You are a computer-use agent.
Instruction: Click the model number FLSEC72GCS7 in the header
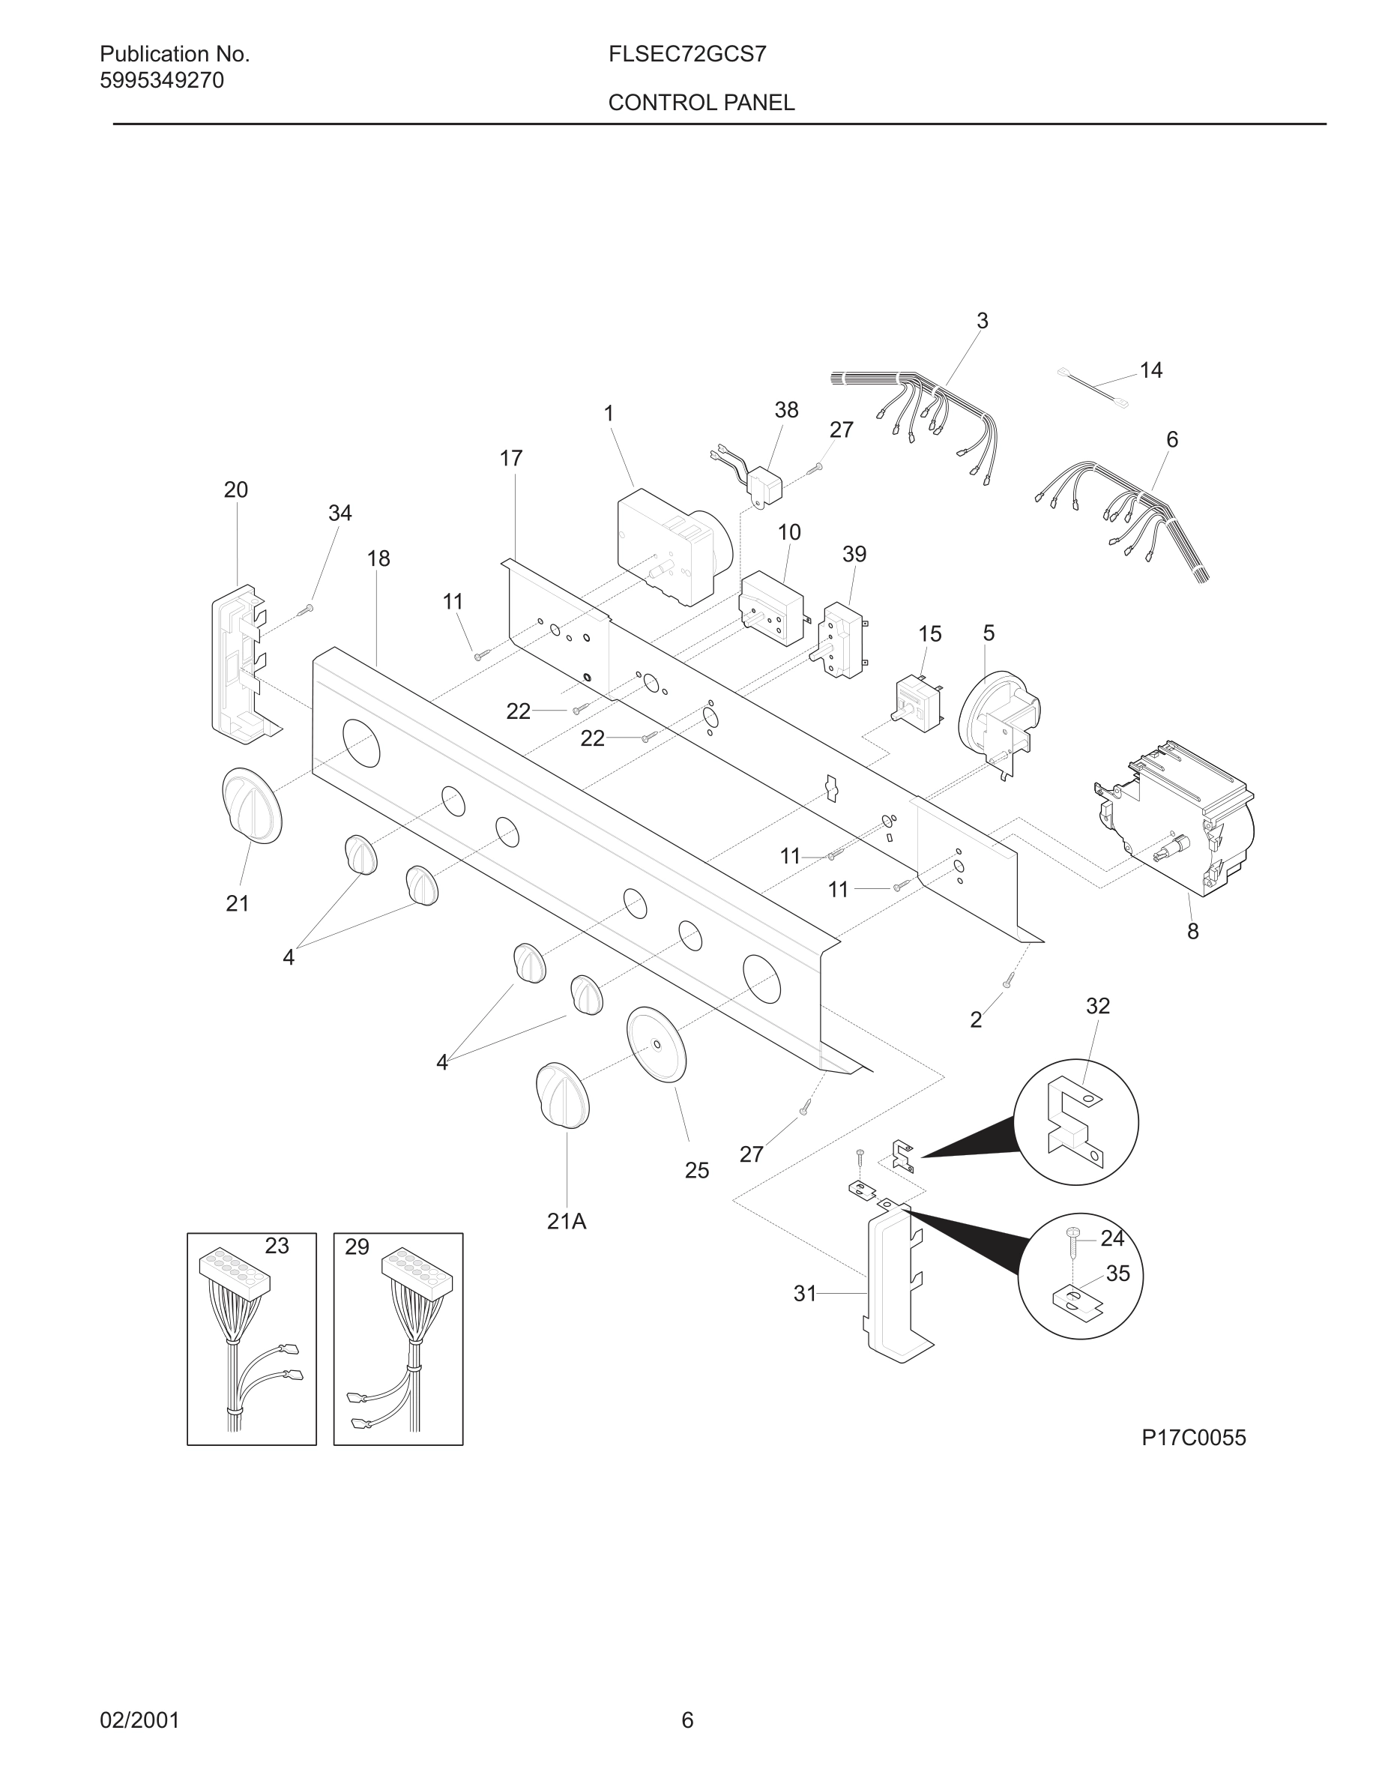click(x=687, y=55)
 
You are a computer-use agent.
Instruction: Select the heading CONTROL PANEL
click(x=701, y=103)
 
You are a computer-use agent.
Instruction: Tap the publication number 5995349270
click(x=161, y=81)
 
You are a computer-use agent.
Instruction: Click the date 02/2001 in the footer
click(x=139, y=1720)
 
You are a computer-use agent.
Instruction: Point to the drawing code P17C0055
click(x=1193, y=1437)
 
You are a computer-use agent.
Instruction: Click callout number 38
click(x=786, y=410)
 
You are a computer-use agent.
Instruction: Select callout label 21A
click(x=567, y=1222)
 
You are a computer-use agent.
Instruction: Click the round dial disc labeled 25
click(x=657, y=1045)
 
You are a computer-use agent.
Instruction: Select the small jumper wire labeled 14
click(x=1092, y=387)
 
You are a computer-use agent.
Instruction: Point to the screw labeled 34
click(x=307, y=609)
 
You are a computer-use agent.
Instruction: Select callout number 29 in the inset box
click(x=357, y=1246)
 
